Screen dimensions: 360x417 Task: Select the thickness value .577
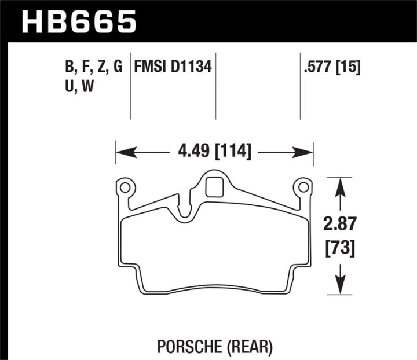coord(319,67)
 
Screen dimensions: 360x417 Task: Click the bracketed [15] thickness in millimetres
coord(349,67)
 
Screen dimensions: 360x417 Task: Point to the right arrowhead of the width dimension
coord(303,153)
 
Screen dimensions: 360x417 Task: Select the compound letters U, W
coord(80,87)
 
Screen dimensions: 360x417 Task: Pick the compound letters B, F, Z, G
coord(94,67)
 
